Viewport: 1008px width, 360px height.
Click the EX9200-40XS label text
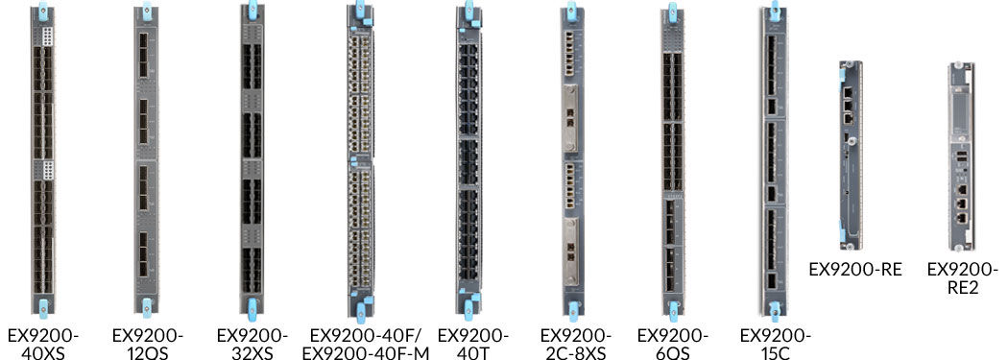(43, 344)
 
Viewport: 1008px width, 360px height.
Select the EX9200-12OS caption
(147, 344)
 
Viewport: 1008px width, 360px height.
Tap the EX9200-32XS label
(252, 344)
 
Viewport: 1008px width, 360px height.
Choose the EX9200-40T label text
(471, 344)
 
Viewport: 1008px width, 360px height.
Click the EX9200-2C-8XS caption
(575, 344)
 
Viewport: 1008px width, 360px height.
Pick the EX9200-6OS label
(673, 344)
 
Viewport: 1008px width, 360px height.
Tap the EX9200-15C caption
(776, 344)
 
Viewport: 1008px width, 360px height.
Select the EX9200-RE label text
(855, 270)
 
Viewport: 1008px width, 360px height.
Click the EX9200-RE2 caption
(961, 278)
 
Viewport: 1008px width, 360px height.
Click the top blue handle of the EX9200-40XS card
(43, 13)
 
